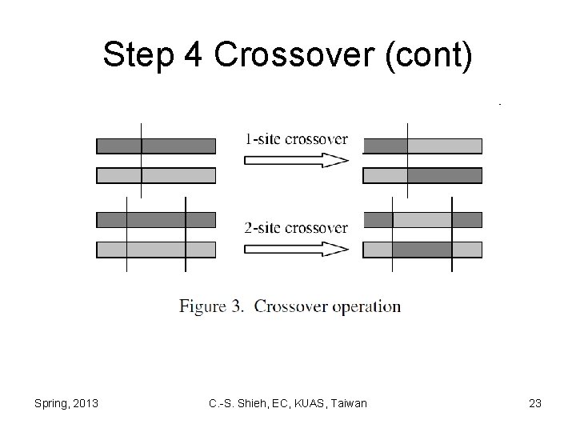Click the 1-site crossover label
296,139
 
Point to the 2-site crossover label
296,228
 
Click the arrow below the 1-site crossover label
296,161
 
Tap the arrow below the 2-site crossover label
296,250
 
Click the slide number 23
535,403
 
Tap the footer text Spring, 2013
66,403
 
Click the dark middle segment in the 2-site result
422,250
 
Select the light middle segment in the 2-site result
422,220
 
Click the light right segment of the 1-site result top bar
444,146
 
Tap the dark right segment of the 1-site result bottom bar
444,175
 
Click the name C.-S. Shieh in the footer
234,403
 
